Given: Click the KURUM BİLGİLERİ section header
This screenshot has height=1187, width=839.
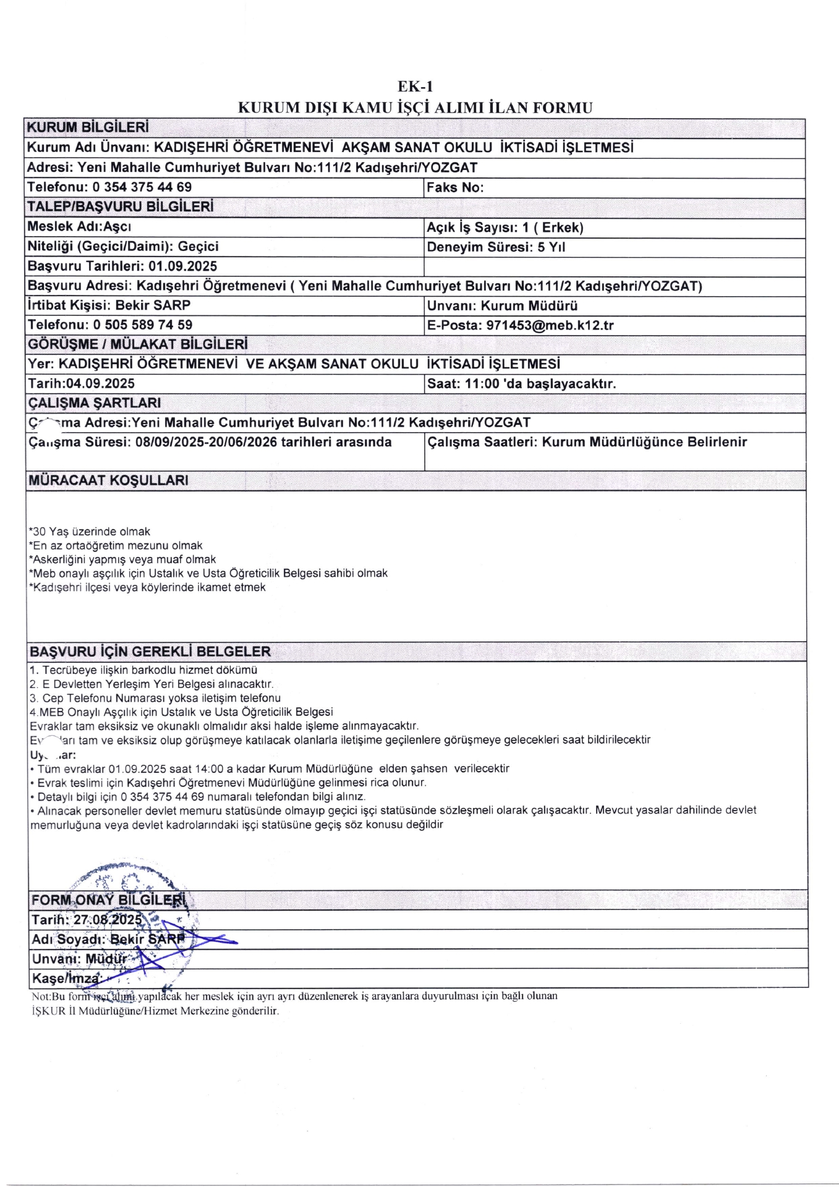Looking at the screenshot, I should [88, 128].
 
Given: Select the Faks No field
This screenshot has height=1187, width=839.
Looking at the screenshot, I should [455, 187].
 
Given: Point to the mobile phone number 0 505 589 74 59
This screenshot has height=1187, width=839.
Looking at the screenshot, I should [142, 325].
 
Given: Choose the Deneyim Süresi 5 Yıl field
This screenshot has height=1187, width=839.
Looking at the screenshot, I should [496, 247].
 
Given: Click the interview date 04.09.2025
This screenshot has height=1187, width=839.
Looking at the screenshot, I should [100, 383].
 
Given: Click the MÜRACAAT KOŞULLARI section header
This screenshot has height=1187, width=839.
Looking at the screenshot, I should [108, 480].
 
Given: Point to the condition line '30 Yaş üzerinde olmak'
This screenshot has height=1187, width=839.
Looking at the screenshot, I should [90, 532].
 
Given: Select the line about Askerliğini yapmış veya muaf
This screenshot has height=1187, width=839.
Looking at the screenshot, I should [122, 559].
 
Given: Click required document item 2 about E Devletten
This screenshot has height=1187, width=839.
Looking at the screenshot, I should [151, 684].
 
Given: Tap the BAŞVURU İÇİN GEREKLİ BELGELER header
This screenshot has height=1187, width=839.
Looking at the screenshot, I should [150, 652].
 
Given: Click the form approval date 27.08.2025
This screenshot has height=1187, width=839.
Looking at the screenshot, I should [108, 919].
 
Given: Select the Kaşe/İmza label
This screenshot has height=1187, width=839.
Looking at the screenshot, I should [65, 979].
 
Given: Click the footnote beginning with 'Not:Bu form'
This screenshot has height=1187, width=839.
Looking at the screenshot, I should [294, 996].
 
